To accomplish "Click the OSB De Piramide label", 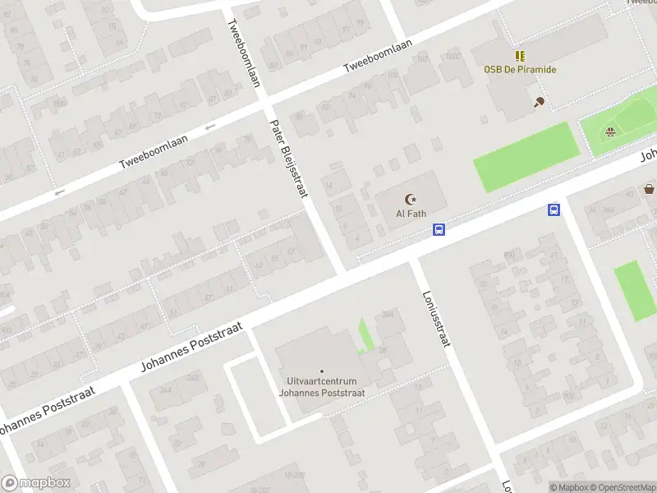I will (519, 70).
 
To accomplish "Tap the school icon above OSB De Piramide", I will (519, 56).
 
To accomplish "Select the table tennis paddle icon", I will (539, 102).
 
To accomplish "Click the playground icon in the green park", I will (609, 131).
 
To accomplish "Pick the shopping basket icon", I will (650, 189).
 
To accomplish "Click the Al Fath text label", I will (410, 213).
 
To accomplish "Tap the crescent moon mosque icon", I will (410, 198).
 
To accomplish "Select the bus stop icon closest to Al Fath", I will (439, 230).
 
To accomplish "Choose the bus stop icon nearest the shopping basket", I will (554, 210).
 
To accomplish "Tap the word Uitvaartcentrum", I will (321, 382).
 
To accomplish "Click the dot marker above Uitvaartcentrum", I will (321, 371).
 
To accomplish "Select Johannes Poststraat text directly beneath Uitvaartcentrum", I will (321, 394).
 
